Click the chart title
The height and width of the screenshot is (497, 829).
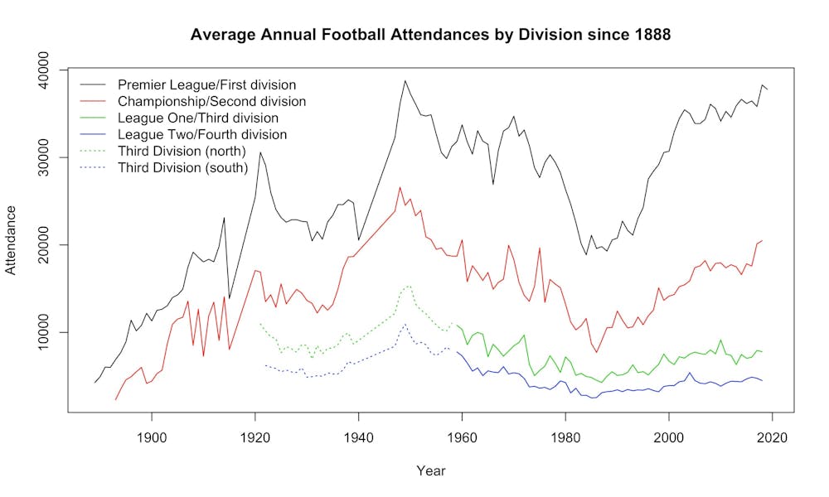(430, 35)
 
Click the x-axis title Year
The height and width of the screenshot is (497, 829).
(430, 470)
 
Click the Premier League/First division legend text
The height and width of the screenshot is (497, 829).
(206, 84)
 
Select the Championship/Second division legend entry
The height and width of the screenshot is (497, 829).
(211, 101)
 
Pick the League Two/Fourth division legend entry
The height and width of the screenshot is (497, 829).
(202, 134)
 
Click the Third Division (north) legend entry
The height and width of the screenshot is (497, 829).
(182, 151)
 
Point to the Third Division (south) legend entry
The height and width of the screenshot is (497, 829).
(182, 167)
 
